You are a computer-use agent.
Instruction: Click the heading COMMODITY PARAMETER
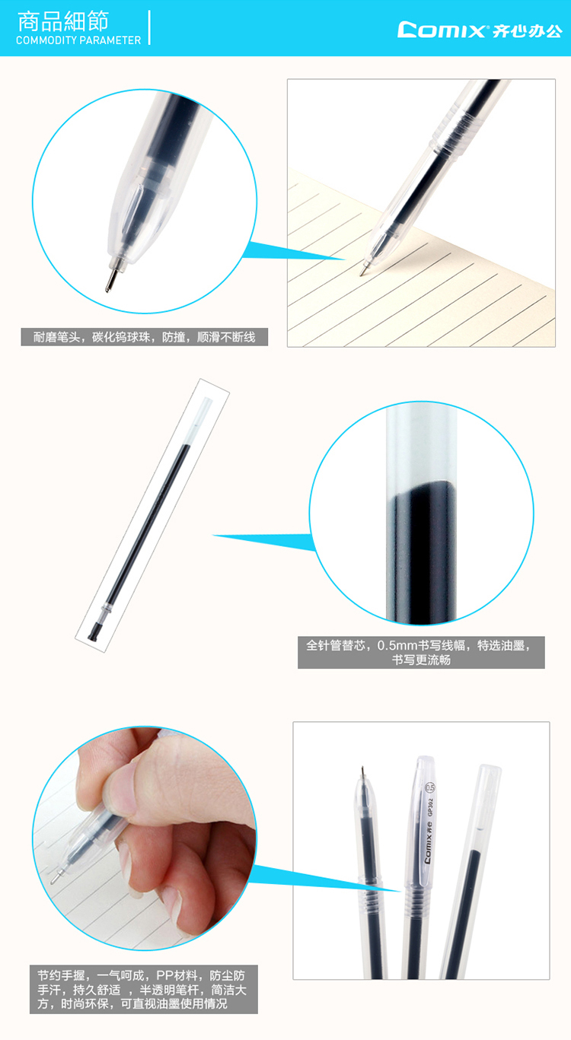coord(78,40)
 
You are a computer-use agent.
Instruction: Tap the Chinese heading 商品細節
coord(63,21)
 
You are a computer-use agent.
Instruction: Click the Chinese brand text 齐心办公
coord(528,30)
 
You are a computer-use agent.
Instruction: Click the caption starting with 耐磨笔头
coord(145,337)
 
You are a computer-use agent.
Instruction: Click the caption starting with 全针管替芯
coord(421,652)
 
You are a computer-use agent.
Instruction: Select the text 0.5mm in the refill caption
coord(397,645)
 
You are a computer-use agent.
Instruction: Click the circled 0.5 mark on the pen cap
coord(429,787)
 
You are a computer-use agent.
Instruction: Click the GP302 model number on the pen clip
coord(430,807)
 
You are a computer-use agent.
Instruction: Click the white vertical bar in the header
coord(149,28)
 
